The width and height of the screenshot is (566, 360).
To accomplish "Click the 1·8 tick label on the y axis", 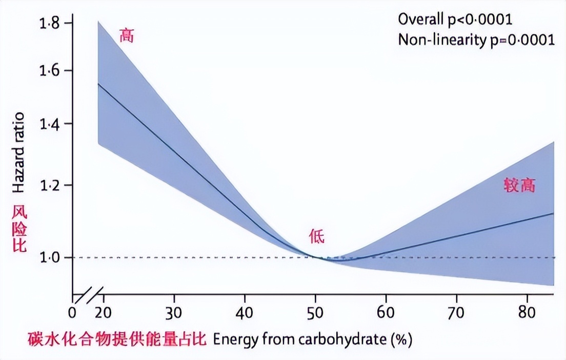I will (50, 23).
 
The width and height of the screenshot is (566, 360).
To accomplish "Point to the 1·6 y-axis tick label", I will (50, 71).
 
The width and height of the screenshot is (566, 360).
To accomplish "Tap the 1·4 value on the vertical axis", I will (50, 124).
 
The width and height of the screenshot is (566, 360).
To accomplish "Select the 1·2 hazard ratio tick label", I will (50, 185).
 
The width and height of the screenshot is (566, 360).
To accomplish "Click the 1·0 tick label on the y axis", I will (50, 257).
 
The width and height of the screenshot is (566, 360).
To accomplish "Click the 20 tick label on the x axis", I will (104, 313).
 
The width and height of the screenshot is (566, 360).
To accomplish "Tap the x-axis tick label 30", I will (174, 313).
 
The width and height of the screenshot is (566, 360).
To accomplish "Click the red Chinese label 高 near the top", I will (126, 35).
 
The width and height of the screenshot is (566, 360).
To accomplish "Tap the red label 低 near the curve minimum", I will (316, 236).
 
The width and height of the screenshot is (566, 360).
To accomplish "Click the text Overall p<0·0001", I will (455, 19).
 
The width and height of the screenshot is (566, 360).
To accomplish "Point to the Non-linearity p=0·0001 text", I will (476, 40).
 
